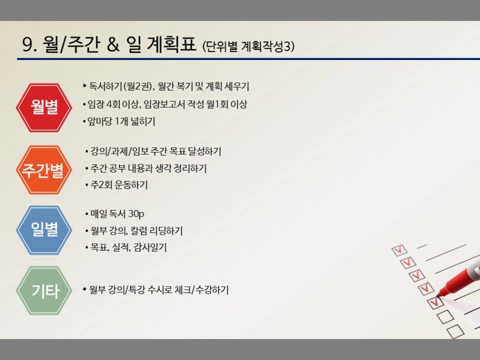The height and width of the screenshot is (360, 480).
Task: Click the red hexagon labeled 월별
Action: pos(44,107)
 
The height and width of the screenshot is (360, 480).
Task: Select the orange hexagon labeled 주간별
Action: pos(44,170)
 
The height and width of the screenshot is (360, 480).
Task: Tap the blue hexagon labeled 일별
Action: pos(44,230)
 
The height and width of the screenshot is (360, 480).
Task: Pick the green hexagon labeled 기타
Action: pos(44,291)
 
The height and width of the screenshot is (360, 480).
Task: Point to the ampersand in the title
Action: pos(113,45)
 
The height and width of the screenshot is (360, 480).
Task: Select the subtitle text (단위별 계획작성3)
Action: pos(248,46)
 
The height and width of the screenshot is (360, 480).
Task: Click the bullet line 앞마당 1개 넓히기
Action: pos(119,122)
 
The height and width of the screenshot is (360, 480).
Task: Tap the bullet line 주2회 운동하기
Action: pos(117,185)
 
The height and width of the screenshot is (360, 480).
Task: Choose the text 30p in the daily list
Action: pos(136,214)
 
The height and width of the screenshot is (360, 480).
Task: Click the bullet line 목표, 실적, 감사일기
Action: pos(126,247)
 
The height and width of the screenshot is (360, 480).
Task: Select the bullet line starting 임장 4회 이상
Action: pos(165,104)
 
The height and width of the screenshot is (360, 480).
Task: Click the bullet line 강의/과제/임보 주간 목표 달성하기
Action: pos(153,151)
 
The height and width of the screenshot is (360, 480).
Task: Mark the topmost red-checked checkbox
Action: pos(399,251)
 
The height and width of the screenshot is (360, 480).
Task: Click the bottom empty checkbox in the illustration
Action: pos(455,331)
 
